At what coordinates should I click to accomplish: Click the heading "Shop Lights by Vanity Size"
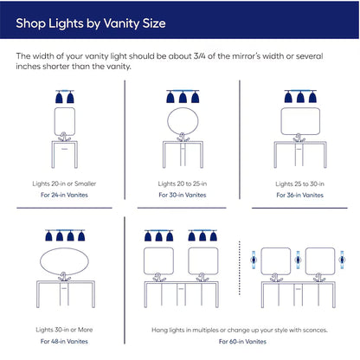point(91,23)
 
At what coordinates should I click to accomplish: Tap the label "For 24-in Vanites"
point(64,195)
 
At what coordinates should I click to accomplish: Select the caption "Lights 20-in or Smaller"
point(64,183)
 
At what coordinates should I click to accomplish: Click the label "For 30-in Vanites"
point(183,195)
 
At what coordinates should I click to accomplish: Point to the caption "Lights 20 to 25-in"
point(183,183)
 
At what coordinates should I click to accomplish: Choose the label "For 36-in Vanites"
point(299,196)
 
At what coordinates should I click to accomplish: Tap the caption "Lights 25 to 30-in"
point(299,184)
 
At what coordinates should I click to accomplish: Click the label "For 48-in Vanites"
point(64,342)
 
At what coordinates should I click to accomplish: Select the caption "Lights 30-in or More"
point(64,330)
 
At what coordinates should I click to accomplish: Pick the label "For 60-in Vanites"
point(242,342)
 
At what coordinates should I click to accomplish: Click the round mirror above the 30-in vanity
point(168,121)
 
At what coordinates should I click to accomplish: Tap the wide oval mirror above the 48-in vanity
point(41,262)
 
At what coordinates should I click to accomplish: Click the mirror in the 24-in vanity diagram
point(55,121)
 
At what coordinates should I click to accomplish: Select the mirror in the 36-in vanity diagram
point(281,121)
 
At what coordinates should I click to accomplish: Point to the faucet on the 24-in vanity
point(64,137)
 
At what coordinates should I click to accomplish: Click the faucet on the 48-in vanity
point(64,277)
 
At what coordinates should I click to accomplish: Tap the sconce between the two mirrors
point(298,260)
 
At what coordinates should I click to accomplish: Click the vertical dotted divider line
point(240,268)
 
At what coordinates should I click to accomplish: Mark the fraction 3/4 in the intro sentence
point(200,56)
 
